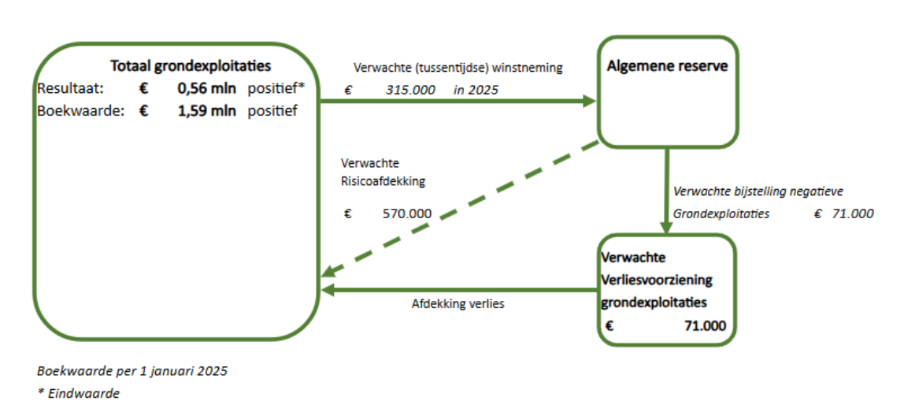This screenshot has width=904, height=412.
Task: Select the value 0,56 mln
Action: [x=207, y=88]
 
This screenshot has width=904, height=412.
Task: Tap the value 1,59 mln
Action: [x=207, y=110]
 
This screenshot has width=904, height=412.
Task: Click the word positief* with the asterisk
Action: [x=276, y=88]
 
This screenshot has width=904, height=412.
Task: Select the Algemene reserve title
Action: [x=667, y=66]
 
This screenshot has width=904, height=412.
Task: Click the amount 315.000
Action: [x=410, y=90]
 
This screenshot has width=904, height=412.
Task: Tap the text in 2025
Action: [x=476, y=90]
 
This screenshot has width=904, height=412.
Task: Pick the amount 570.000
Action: [x=406, y=213]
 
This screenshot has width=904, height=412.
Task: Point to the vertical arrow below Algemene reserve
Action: [x=666, y=189]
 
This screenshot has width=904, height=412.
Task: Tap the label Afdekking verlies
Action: [x=458, y=303]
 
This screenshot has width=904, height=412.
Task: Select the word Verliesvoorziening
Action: [x=657, y=280]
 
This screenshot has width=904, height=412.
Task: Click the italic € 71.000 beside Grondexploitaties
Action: [x=843, y=213]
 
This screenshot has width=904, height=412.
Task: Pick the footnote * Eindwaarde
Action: [x=78, y=393]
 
